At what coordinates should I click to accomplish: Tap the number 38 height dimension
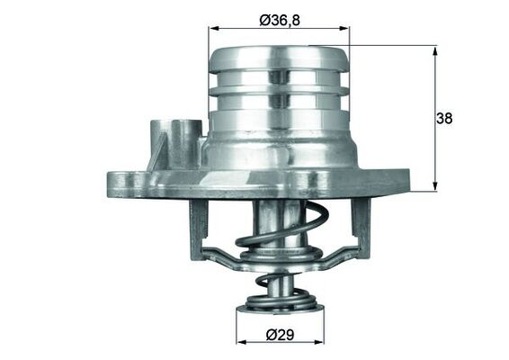[x=443, y=118]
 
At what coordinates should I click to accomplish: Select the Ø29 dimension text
[x=280, y=335]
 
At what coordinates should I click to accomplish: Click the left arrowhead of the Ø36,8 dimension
[x=213, y=28]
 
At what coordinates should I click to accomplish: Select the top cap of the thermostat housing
[x=278, y=58]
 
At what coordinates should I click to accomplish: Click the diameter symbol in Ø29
[x=271, y=335]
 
